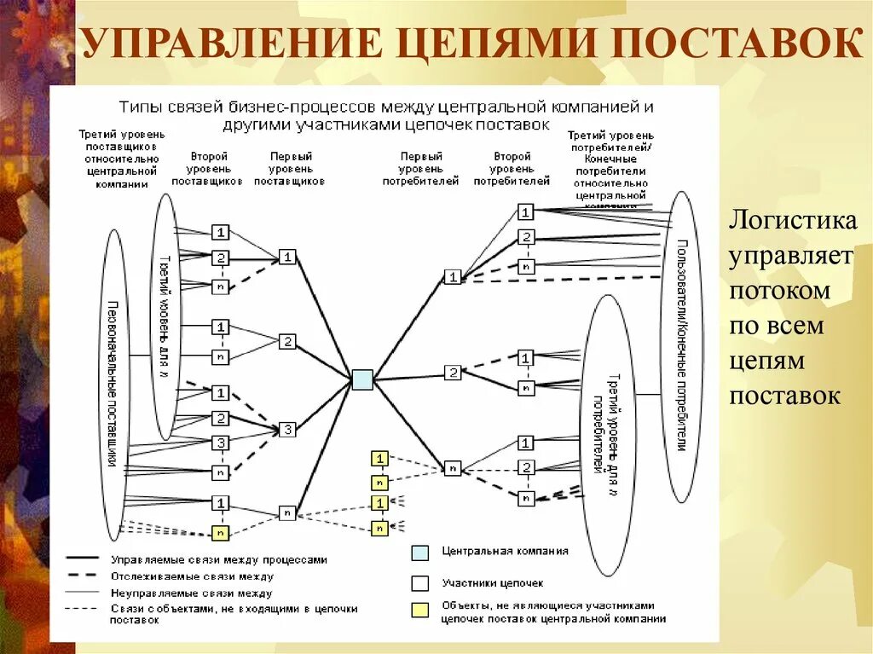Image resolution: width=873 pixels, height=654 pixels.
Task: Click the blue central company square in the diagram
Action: [362, 379]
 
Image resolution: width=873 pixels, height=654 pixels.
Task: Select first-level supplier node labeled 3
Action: [288, 430]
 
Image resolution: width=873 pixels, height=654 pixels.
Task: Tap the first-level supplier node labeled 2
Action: [288, 341]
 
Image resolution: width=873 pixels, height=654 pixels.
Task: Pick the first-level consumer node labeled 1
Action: [453, 276]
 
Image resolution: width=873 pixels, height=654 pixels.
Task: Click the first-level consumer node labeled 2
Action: [453, 373]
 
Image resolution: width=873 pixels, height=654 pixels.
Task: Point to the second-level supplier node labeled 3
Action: [221, 443]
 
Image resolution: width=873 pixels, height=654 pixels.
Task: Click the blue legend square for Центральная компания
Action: [419, 553]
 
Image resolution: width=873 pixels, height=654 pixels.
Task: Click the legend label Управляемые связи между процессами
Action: [218, 560]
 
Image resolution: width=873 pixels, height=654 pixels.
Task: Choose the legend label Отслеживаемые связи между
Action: [191, 576]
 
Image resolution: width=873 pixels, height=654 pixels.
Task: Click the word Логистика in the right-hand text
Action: [791, 221]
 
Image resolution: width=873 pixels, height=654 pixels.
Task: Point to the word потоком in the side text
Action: [779, 291]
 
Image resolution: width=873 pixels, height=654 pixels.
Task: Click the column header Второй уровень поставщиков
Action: [207, 169]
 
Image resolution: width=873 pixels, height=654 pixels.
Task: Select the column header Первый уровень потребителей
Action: [420, 169]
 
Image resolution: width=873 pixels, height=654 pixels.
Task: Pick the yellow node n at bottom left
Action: [221, 534]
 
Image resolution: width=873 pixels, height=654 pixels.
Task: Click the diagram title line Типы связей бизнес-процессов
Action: [386, 108]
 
